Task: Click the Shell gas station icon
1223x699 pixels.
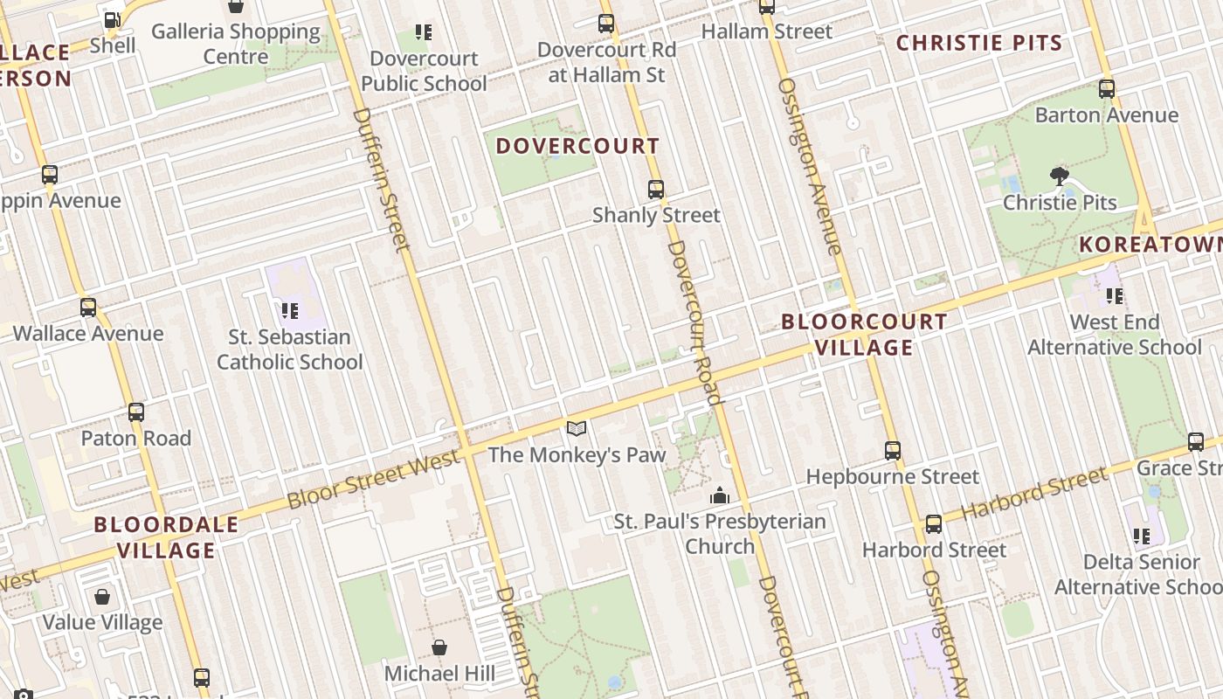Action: (x=112, y=19)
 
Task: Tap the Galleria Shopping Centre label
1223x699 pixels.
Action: (x=236, y=44)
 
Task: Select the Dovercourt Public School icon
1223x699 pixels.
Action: (x=424, y=33)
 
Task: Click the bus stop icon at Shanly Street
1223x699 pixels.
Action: (x=656, y=189)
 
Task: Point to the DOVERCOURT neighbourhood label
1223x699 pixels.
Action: (x=577, y=146)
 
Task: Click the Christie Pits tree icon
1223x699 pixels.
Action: (x=1060, y=176)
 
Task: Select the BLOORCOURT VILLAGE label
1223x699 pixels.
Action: (x=864, y=334)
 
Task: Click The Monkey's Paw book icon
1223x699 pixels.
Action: (x=576, y=428)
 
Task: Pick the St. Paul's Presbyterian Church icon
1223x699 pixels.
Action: (x=720, y=495)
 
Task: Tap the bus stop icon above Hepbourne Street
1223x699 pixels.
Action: (x=893, y=451)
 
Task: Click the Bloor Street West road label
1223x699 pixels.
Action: (x=373, y=481)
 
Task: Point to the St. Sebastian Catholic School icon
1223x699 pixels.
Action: (x=290, y=310)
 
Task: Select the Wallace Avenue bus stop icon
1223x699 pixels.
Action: (x=88, y=308)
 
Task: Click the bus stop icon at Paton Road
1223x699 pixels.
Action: (x=136, y=412)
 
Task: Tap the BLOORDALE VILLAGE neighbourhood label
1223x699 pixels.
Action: (x=166, y=536)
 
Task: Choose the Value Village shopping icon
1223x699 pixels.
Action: (x=102, y=597)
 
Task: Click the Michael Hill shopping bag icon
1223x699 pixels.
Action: (x=439, y=647)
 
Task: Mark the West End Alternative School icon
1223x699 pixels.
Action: (x=1115, y=296)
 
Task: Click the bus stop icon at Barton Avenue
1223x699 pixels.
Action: (x=1107, y=88)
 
